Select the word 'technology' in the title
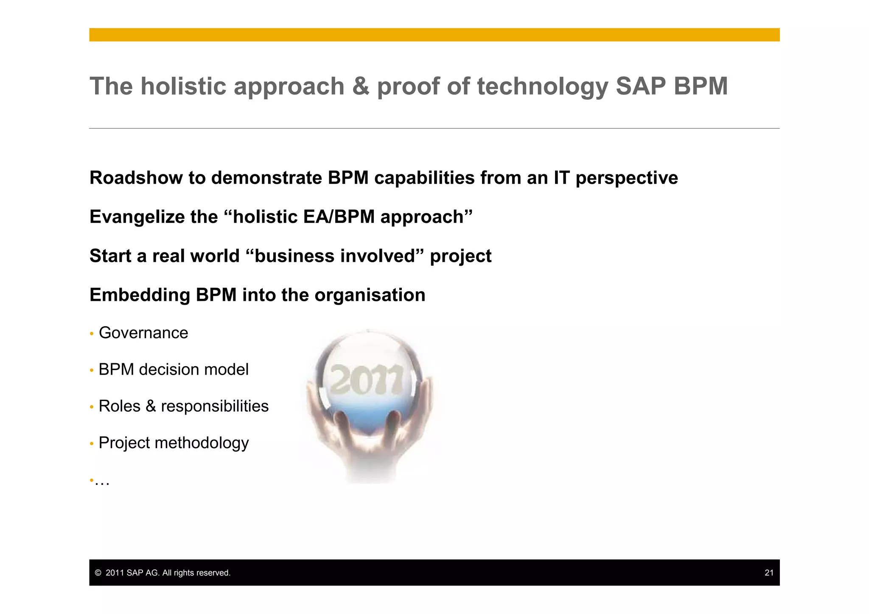coord(543,87)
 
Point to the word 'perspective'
coord(627,179)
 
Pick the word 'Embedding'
coord(140,295)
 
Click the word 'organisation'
coord(370,295)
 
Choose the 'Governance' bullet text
coord(143,333)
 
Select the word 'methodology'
coord(202,443)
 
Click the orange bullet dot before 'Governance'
coord(92,334)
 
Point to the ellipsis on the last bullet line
coord(102,482)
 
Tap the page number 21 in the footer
coord(769,573)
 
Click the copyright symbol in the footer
coord(98,573)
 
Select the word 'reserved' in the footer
coord(214,573)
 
